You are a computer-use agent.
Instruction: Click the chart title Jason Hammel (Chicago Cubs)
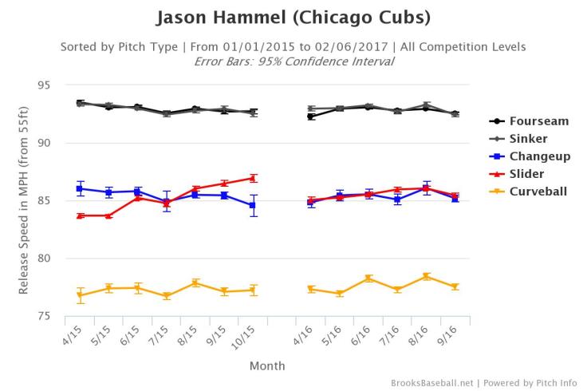[293, 17]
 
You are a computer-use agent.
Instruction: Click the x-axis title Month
[266, 366]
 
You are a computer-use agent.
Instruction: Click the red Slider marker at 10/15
[253, 178]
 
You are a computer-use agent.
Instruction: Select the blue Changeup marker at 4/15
[81, 188]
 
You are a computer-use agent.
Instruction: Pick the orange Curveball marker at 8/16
[426, 277]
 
